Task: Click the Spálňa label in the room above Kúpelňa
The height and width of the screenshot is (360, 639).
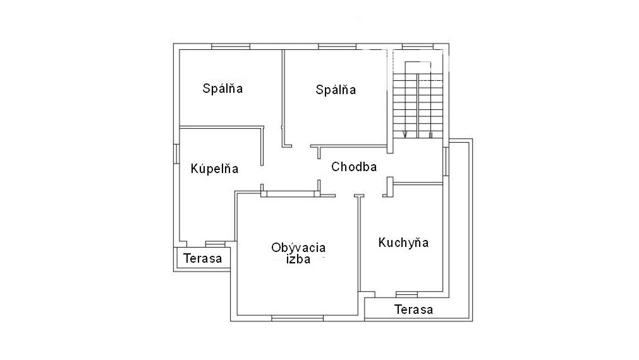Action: pos(222,88)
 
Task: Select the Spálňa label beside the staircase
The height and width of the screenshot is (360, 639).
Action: pos(336,90)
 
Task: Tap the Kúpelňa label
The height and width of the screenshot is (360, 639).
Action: pos(214,168)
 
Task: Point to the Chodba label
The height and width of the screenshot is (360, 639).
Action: pos(354,167)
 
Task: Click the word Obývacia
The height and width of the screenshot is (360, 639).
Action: pos(298,247)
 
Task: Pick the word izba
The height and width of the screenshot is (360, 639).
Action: pos(298,260)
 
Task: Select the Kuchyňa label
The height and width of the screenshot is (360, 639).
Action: pos(403,243)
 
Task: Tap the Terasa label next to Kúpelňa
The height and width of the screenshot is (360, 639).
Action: pos(202,258)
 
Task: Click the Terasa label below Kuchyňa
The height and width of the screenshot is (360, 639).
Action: pos(413,309)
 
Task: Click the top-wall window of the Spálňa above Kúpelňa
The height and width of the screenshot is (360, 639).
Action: pos(230,47)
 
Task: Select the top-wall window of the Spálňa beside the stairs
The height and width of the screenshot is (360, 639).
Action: pos(337,47)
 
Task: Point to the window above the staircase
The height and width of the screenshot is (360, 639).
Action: pos(418,47)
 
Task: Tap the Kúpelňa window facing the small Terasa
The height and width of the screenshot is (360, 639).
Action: pos(215,244)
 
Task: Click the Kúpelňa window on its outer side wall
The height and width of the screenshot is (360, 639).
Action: pos(176,154)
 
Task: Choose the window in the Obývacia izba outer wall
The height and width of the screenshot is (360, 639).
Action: pos(298,318)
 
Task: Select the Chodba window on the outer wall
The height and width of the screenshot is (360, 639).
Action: pos(446,162)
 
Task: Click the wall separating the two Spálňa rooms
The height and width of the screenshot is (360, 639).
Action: pos(283,98)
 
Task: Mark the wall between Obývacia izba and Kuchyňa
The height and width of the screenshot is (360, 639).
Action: pos(360,244)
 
